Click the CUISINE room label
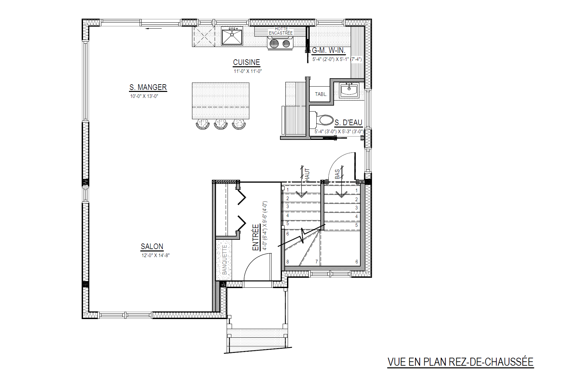(246, 62)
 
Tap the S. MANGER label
(148, 87)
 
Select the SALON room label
(152, 246)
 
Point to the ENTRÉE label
(256, 237)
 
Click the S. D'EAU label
(348, 123)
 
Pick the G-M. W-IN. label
(329, 50)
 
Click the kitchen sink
(232, 37)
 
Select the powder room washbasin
(349, 90)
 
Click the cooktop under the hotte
(280, 43)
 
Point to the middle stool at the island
(221, 124)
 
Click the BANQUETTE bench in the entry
(224, 260)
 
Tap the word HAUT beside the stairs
(307, 175)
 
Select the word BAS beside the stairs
(337, 174)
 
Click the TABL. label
(321, 94)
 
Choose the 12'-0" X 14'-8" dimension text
(156, 255)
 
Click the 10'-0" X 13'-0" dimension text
(144, 96)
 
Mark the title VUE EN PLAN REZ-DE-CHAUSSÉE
(461, 362)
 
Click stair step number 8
(288, 262)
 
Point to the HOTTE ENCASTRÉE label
(281, 31)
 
